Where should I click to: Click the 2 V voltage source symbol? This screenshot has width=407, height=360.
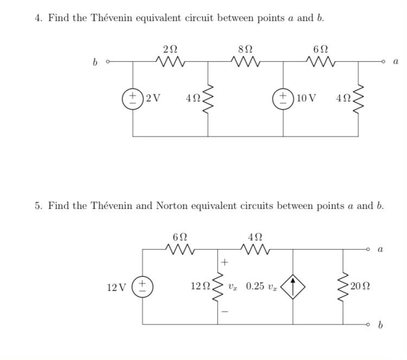[x=133, y=98]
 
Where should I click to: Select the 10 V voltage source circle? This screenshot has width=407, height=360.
[x=283, y=98]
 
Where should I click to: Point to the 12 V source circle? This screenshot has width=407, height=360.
[x=143, y=286]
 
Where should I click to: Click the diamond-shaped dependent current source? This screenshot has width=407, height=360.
[x=292, y=286]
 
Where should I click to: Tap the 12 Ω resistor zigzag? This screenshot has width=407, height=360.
[x=218, y=286]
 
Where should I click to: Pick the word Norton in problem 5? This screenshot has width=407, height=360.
[x=172, y=206]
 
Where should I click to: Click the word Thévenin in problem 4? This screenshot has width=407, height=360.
[x=96, y=18]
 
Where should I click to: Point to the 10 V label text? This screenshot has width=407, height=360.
[x=306, y=98]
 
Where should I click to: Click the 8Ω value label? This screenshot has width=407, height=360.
[x=245, y=49]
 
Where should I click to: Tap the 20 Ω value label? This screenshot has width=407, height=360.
[x=360, y=286]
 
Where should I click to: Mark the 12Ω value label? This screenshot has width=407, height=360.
[x=199, y=286]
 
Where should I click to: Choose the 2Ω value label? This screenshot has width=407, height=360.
[x=170, y=49]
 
